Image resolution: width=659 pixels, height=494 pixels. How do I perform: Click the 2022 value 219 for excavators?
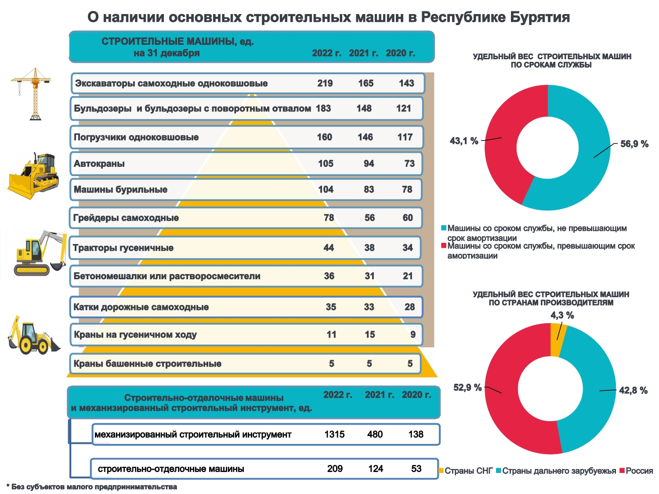(325, 83)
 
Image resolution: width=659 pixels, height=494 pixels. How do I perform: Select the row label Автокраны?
(99, 164)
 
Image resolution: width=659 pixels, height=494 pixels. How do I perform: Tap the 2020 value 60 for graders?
(408, 218)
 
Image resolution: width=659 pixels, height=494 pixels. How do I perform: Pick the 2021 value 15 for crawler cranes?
(369, 335)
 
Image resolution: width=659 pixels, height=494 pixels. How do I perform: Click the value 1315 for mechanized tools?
(334, 435)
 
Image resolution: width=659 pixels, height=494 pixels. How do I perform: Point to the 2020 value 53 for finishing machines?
(416, 469)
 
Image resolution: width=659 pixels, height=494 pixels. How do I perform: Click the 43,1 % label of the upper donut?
(464, 141)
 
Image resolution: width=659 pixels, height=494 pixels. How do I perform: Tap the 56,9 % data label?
(634, 144)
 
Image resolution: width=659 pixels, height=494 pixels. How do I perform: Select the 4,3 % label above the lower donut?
(562, 315)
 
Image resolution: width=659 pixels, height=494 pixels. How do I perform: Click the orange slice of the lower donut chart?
(556, 340)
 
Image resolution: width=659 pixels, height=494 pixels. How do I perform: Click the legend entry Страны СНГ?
(468, 471)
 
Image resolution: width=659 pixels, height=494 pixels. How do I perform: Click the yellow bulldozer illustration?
(33, 176)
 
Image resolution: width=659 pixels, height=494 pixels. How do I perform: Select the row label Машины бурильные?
(120, 190)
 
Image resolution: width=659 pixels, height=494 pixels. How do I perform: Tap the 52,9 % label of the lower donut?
(467, 388)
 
